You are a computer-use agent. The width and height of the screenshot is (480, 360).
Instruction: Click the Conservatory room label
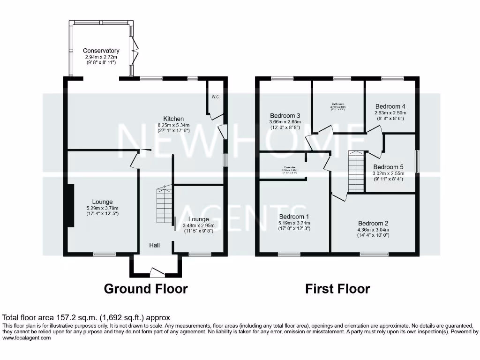(101, 51)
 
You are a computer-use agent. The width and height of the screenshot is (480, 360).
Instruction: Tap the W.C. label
(215, 97)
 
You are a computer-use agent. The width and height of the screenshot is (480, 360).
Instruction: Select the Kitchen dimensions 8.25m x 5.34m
(173, 125)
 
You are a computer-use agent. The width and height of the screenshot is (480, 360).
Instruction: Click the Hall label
(155, 245)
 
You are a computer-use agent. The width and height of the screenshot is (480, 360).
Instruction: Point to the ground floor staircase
(164, 206)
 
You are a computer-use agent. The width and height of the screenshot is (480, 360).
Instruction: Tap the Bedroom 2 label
(373, 223)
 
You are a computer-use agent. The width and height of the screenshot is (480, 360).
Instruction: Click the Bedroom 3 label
(285, 115)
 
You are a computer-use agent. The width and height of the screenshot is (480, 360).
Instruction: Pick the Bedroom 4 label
(390, 106)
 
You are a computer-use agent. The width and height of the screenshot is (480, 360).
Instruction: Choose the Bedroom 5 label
(388, 167)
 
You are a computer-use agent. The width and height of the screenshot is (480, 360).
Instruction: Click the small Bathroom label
(338, 104)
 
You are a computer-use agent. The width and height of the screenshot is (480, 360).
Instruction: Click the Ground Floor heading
(145, 289)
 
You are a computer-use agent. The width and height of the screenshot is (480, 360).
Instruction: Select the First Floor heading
(337, 289)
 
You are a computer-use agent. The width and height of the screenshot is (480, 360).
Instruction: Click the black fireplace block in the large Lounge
(70, 205)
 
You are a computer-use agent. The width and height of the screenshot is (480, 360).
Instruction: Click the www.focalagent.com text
(27, 338)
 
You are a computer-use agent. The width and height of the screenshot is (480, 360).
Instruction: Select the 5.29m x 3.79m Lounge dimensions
(102, 208)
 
